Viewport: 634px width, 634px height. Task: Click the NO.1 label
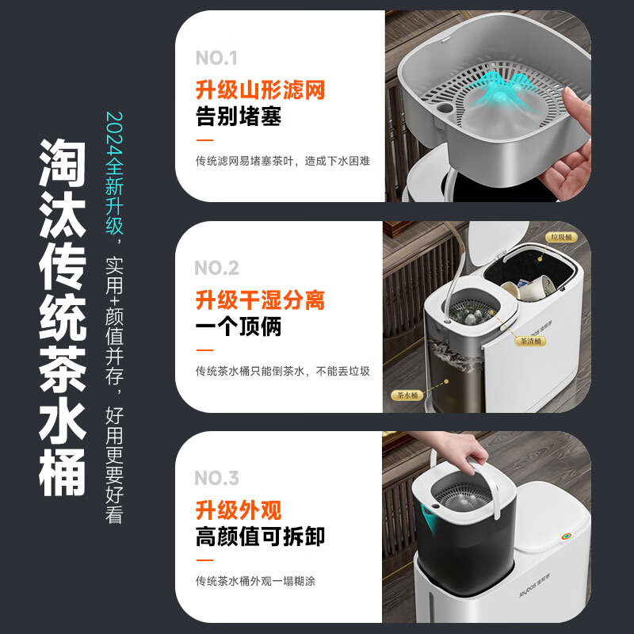pyautogui.click(x=216, y=58)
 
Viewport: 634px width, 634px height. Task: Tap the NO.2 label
pyautogui.click(x=216, y=268)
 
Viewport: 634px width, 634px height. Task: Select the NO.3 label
pyautogui.click(x=216, y=478)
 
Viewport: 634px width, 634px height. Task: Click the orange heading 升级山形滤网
pyautogui.click(x=261, y=90)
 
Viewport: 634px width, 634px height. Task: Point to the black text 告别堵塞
pyautogui.click(x=239, y=116)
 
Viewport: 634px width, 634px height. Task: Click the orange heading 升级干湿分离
pyautogui.click(x=261, y=300)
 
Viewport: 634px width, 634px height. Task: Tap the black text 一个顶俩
pyautogui.click(x=239, y=327)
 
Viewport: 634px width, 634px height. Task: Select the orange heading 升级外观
pyautogui.click(x=239, y=510)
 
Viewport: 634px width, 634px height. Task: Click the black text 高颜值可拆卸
pyautogui.click(x=261, y=537)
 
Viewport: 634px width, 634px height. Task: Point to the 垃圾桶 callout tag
pyautogui.click(x=561, y=237)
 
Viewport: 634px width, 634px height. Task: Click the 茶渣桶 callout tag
pyautogui.click(x=530, y=341)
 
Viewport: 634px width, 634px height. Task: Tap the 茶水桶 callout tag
pyautogui.click(x=407, y=395)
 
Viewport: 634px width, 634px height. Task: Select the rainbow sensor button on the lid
pyautogui.click(x=566, y=537)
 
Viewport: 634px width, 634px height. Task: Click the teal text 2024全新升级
pyautogui.click(x=114, y=173)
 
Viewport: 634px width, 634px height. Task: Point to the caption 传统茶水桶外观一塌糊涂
pyautogui.click(x=255, y=582)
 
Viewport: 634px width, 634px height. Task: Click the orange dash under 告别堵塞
pyautogui.click(x=204, y=140)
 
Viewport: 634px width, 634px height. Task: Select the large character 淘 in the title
pyautogui.click(x=63, y=162)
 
